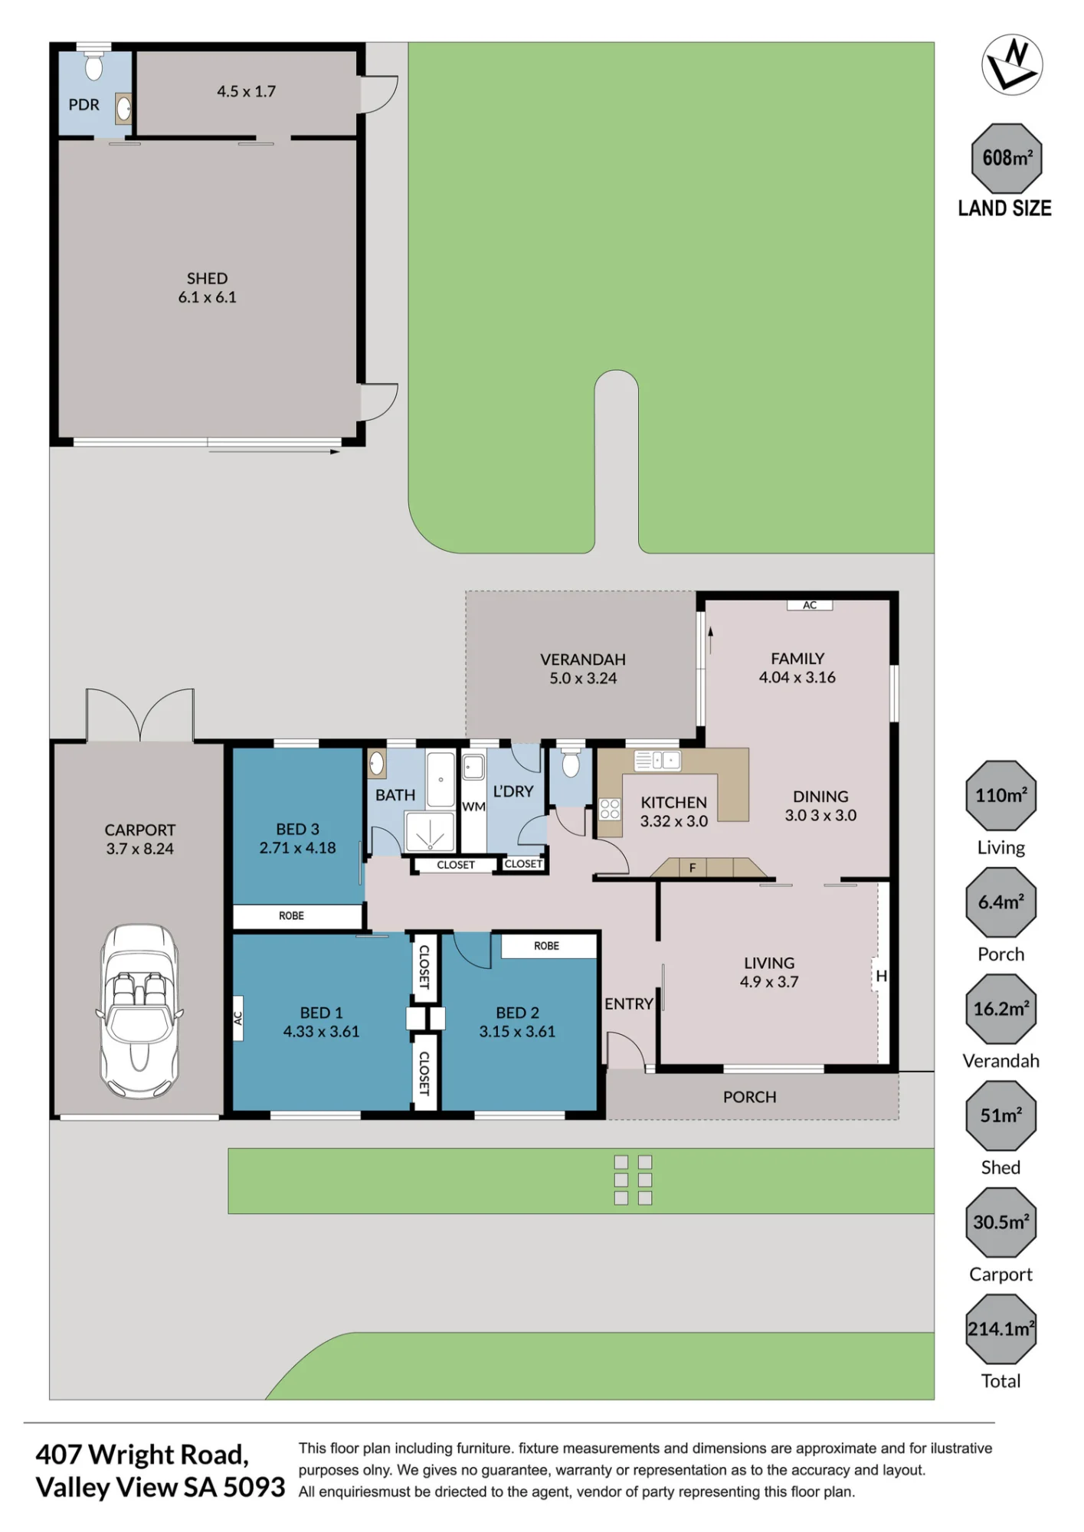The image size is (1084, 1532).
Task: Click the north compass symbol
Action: pyautogui.click(x=1012, y=64)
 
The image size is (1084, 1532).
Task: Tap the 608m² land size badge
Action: pyautogui.click(x=1007, y=158)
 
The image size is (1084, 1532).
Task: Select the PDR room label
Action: pyautogui.click(x=84, y=105)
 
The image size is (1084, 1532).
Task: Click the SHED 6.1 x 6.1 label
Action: pyautogui.click(x=207, y=288)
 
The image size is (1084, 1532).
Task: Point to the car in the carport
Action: pyautogui.click(x=139, y=1010)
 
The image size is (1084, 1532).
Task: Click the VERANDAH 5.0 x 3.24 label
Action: pyautogui.click(x=583, y=669)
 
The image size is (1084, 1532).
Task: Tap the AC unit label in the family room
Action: pyautogui.click(x=810, y=605)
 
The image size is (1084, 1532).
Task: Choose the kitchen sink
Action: pyautogui.click(x=657, y=760)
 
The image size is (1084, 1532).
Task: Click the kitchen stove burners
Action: pyautogui.click(x=610, y=809)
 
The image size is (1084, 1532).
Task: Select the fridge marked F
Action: pyautogui.click(x=692, y=868)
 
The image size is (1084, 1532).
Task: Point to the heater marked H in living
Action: pyautogui.click(x=881, y=976)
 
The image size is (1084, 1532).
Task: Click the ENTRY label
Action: pyautogui.click(x=628, y=1003)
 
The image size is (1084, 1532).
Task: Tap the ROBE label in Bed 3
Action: pyautogui.click(x=291, y=915)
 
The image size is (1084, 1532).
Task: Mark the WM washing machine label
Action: pyautogui.click(x=473, y=807)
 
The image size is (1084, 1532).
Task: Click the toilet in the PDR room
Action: pyautogui.click(x=93, y=66)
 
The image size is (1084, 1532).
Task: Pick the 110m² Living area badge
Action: pyautogui.click(x=1000, y=795)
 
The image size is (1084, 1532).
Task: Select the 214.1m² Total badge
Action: pyautogui.click(x=1000, y=1329)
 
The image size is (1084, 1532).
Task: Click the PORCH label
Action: pyautogui.click(x=749, y=1097)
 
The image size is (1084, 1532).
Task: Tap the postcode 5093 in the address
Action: pyautogui.click(x=254, y=1488)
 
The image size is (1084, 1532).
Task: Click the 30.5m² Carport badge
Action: pyautogui.click(x=1000, y=1223)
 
